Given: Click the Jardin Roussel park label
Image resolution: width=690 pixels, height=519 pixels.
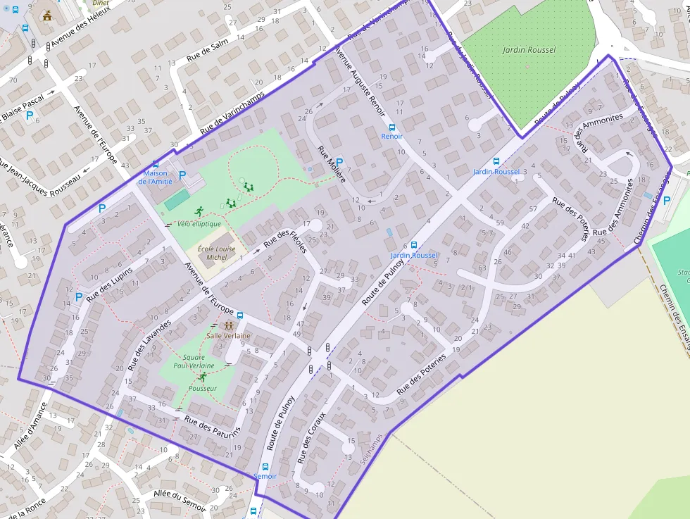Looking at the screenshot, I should (529, 50).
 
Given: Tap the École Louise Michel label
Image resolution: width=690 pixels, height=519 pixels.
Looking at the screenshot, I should (216, 253).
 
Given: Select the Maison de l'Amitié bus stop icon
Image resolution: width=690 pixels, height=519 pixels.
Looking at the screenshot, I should (156, 164).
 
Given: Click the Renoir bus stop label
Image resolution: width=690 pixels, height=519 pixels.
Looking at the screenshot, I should (391, 136).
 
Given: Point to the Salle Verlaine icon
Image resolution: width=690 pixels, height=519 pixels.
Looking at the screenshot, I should (228, 325).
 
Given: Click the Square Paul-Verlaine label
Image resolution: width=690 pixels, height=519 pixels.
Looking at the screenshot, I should (194, 362).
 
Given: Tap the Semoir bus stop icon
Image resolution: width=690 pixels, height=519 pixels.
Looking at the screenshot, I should (265, 466).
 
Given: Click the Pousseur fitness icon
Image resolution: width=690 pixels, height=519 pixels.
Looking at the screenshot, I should (203, 377).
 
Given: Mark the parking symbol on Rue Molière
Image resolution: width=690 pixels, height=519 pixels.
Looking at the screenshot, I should (339, 162).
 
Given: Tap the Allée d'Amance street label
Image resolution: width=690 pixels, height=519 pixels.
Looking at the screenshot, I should (29, 427).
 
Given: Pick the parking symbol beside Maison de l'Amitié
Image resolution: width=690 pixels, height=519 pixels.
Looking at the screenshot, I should (182, 175).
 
